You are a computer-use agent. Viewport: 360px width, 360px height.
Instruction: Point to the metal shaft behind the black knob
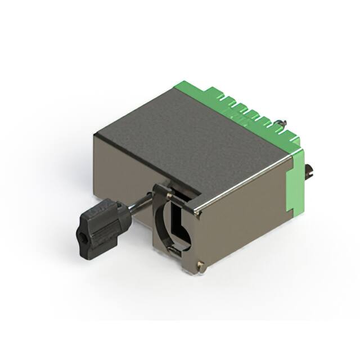coord(138,205)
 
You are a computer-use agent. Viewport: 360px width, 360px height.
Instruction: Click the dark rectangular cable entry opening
coord(180,222)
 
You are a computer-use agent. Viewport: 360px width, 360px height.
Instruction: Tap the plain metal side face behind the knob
coord(121,169)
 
